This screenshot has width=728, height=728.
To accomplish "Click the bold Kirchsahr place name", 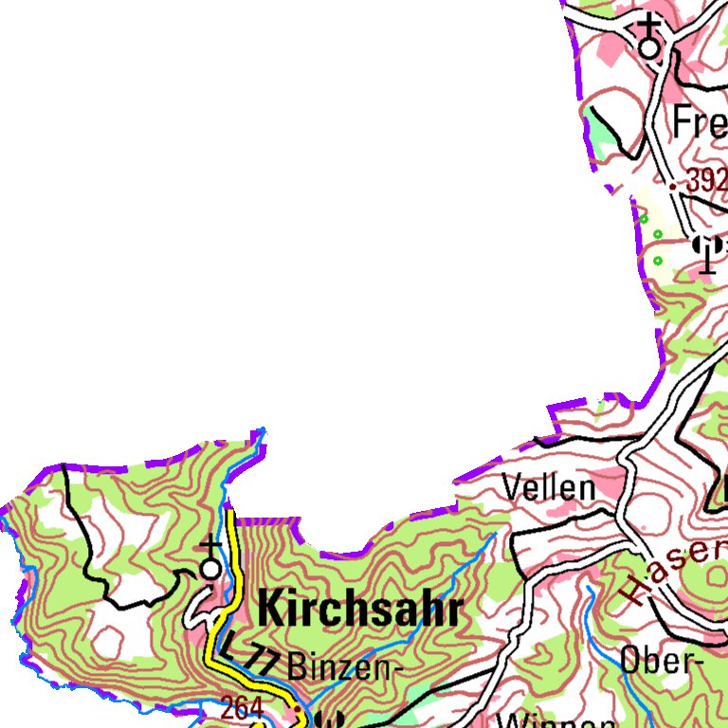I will click(x=360, y=610).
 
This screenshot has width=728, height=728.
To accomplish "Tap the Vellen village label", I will click(x=549, y=489).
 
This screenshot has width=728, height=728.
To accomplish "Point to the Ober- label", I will click(x=661, y=661).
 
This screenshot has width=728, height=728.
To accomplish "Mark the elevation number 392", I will click(x=705, y=181).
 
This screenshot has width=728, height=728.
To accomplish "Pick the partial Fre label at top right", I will click(x=700, y=123).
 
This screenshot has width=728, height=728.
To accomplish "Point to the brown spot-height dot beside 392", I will click(x=673, y=187).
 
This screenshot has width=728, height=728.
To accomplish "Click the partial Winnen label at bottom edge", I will click(x=537, y=719).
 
